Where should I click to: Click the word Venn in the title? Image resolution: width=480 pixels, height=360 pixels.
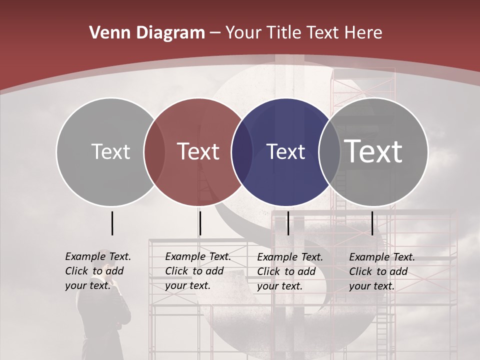point(108,33)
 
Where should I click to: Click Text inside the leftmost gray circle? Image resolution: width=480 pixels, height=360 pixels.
point(110,151)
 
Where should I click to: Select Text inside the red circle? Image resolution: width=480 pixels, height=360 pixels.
point(198,151)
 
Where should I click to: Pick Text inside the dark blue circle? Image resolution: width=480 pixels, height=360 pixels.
point(285,151)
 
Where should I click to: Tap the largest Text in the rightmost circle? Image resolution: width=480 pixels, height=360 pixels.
point(373,151)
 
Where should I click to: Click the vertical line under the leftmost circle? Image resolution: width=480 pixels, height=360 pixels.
point(112,223)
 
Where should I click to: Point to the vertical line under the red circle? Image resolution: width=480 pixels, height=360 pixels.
point(200,223)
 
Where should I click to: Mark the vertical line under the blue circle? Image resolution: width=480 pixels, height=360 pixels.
point(288,223)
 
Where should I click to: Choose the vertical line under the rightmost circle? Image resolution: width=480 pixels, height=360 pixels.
point(372,223)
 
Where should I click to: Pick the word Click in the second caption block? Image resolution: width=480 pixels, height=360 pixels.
point(177,271)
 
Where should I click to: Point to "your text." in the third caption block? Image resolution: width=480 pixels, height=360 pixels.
point(279,286)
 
